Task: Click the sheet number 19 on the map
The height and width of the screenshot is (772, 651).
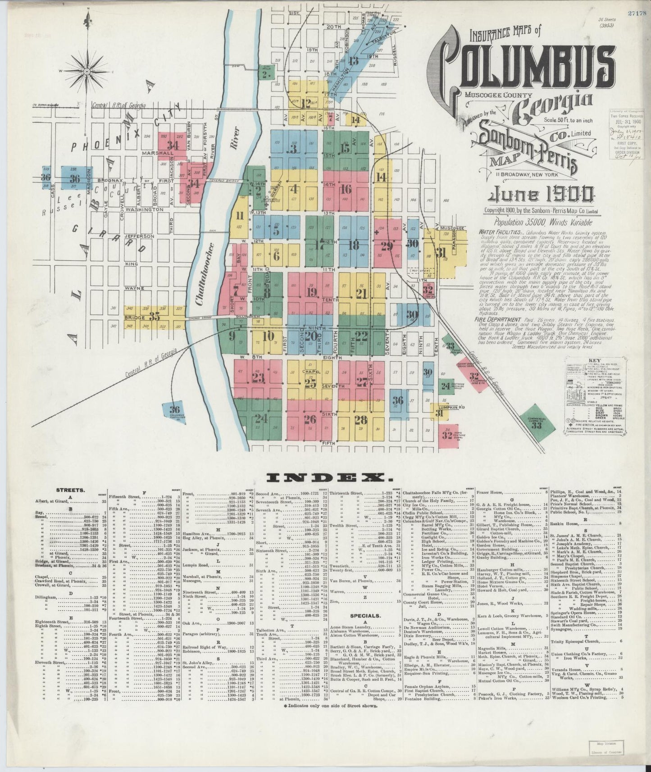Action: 311,292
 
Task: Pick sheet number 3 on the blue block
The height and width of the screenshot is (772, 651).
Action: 294,149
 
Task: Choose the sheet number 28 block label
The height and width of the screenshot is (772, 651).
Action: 360,420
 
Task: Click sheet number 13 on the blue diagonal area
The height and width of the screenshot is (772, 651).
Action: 354,62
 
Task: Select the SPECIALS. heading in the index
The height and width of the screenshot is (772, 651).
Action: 365,615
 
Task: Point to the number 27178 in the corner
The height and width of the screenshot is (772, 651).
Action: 639,13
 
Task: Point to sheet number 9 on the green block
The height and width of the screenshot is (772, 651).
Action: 232,336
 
